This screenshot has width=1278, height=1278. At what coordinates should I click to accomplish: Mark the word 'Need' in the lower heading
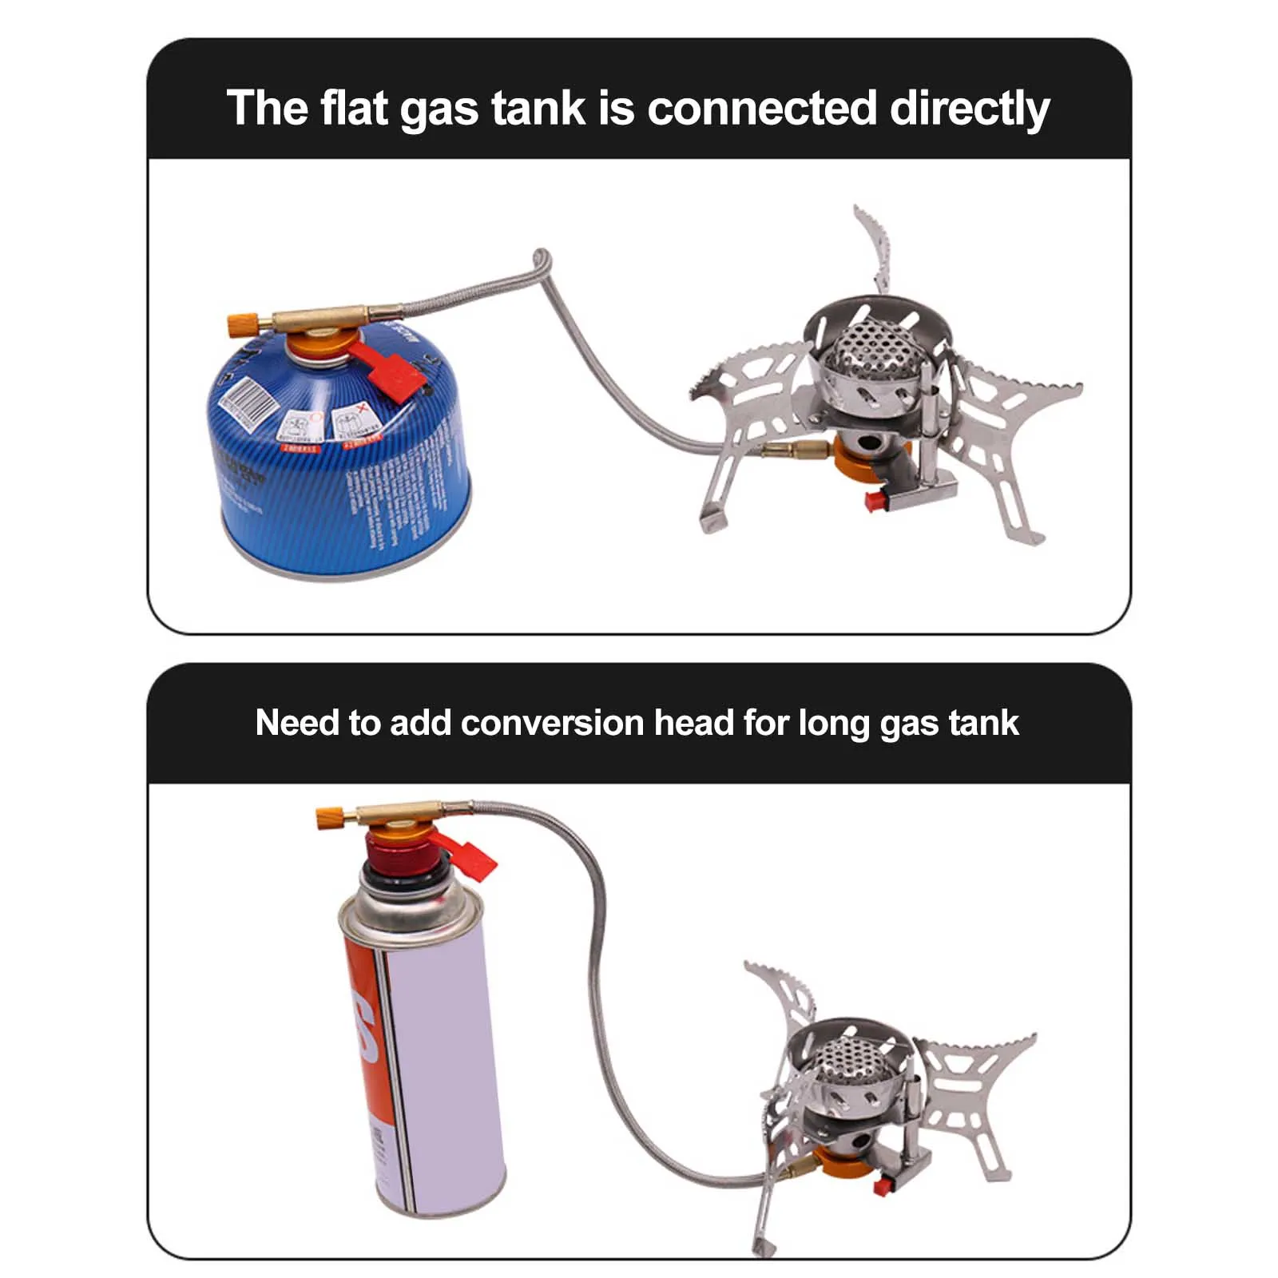click(x=296, y=723)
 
